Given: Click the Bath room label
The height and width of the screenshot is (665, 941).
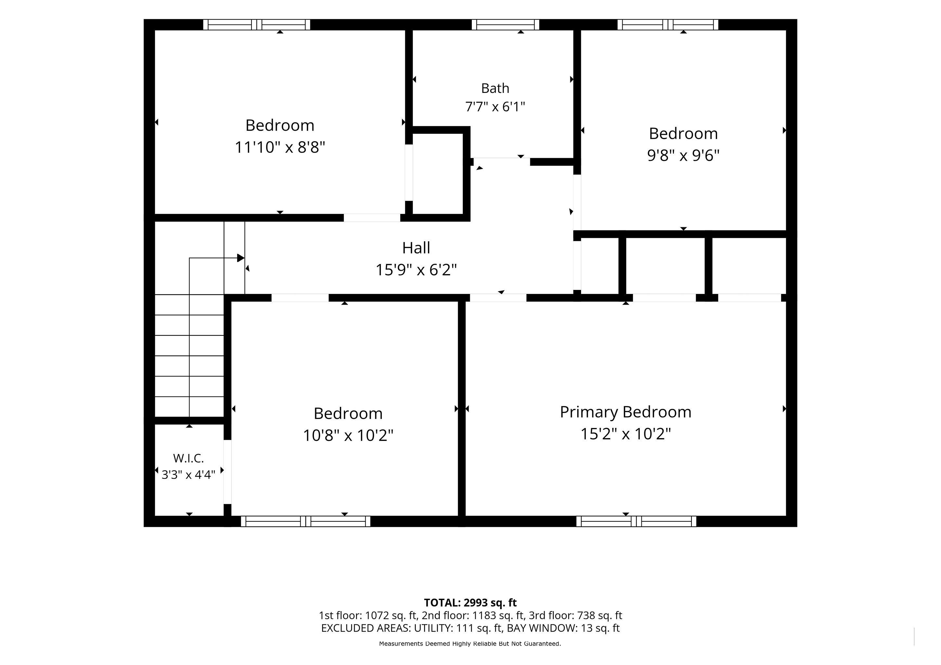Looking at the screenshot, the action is tap(495, 88).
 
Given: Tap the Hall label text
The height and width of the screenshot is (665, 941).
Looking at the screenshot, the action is tap(416, 248).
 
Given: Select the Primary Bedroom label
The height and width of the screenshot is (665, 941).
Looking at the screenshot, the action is tap(625, 412).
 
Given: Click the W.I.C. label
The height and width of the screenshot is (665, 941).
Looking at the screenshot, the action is tap(188, 458).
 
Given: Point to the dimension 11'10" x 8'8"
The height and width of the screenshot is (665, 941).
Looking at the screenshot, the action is tap(280, 147).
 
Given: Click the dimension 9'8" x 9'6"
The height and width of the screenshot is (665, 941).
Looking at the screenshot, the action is tap(683, 156).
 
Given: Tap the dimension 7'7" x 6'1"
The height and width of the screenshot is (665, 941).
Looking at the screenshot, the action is tap(495, 107).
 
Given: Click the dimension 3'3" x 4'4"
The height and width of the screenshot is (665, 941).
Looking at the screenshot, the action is tap(188, 475).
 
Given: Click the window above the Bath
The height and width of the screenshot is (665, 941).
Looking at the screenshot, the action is tap(505, 25).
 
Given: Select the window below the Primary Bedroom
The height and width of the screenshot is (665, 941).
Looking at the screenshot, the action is tap(636, 521).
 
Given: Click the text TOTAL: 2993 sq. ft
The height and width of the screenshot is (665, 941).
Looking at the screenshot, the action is tap(470, 603).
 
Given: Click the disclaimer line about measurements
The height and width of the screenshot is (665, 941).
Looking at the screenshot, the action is tap(470, 644).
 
